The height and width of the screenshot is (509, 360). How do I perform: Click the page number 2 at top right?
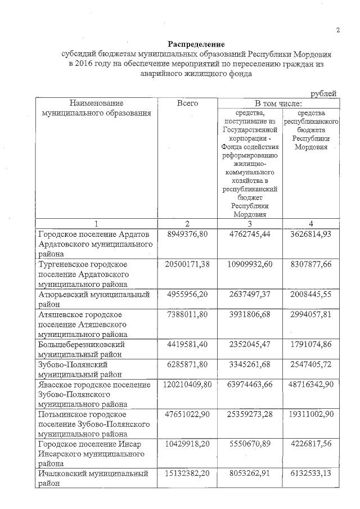click(x=338, y=31)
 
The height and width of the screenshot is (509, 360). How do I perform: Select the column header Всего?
click(x=188, y=103)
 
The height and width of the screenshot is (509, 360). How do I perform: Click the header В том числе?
click(x=278, y=103)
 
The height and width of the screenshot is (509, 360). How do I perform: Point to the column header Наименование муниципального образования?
click(x=97, y=109)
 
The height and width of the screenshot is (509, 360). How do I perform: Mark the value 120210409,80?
click(x=185, y=385)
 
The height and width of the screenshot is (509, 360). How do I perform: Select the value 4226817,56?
click(x=311, y=444)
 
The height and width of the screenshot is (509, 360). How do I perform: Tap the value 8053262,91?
click(x=251, y=474)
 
